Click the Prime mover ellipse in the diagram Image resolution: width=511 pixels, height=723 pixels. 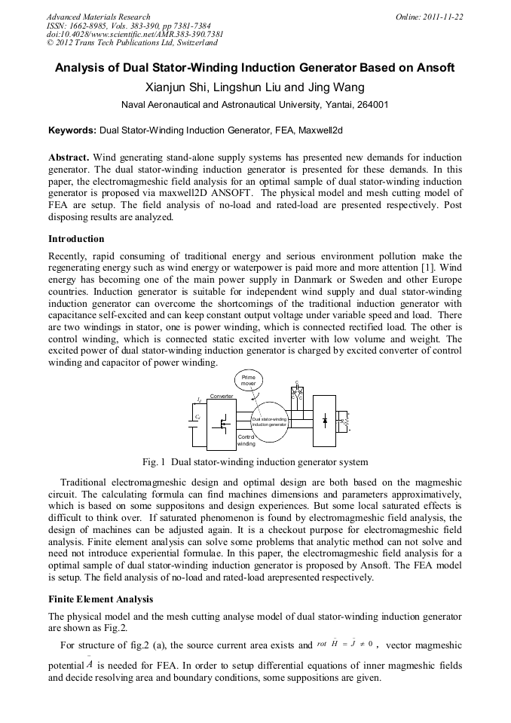coord(248,380)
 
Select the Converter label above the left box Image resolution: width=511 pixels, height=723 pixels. coord(222,396)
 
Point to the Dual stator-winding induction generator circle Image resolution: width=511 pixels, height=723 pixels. coord(268,421)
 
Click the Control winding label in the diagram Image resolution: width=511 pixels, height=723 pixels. coord(247,440)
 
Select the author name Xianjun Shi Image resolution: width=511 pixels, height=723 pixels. coord(197,87)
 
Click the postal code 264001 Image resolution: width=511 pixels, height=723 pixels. coord(373,105)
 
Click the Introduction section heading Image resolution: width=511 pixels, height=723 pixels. coord(76,239)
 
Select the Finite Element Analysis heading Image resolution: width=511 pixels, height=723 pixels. coord(100,599)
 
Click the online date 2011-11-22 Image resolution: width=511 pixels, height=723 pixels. coord(442,17)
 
